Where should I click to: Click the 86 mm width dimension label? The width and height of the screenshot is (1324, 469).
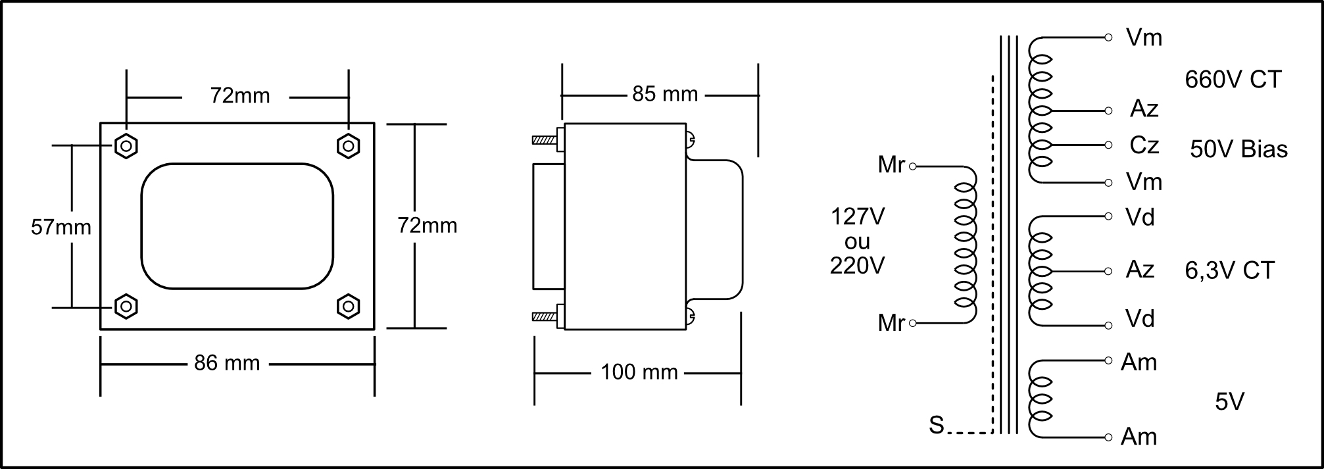pos(227,363)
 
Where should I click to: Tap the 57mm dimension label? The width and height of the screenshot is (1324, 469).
pos(61,228)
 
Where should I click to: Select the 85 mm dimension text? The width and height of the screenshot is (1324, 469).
pos(665,94)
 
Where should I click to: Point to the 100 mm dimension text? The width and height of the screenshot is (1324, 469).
pos(639,372)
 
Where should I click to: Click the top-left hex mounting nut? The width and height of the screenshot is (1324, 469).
pos(126,145)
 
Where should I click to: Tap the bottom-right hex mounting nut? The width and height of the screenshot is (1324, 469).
pos(348,306)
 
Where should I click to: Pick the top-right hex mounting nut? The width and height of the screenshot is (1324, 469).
pos(348,145)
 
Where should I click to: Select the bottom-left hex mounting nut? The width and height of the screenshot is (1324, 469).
pos(126,306)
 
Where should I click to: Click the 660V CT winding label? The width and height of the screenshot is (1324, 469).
pos(1233,80)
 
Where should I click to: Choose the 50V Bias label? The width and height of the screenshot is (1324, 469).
pos(1238,149)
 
